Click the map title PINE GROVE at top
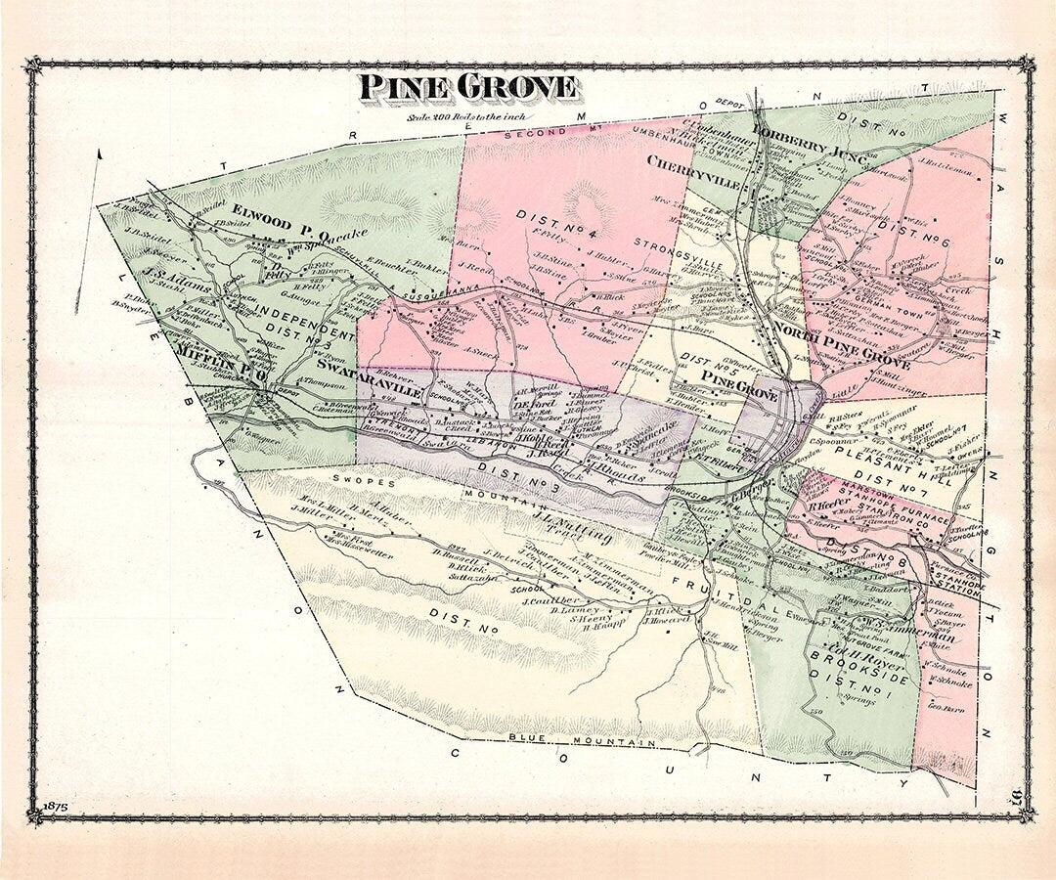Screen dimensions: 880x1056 click(x=467, y=87)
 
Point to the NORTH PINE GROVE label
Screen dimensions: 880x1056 click(x=840, y=348)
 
